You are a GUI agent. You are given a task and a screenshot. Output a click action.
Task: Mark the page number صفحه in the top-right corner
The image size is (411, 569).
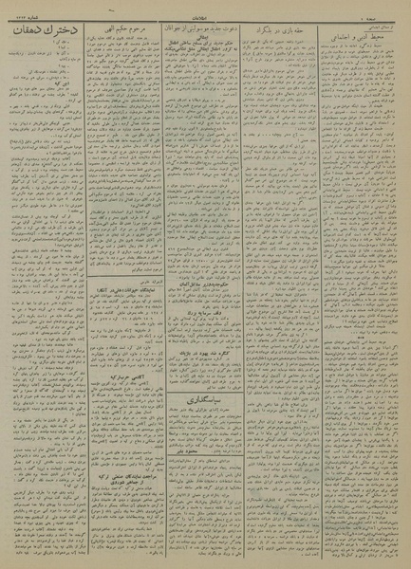click(391, 12)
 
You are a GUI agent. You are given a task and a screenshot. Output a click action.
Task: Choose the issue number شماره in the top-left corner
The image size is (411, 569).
click(27, 12)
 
